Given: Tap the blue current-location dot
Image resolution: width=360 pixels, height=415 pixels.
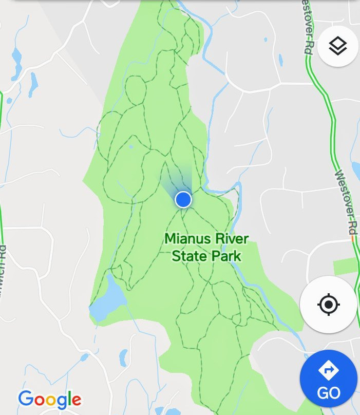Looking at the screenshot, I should tap(183, 199).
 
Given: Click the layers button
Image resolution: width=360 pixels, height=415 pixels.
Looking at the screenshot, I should tap(337, 46).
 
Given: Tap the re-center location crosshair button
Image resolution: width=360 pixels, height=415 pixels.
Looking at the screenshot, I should tap(329, 305).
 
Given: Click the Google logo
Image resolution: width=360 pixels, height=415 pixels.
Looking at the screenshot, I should tap(50, 399).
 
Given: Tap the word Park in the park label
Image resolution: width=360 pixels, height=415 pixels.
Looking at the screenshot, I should tap(226, 255).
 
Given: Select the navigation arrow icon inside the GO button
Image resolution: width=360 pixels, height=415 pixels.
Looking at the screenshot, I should tap(328, 370).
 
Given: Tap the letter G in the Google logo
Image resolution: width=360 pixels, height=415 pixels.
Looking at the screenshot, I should tap(26, 399).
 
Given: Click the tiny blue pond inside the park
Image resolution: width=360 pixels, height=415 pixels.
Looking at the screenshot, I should tap(131, 146).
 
